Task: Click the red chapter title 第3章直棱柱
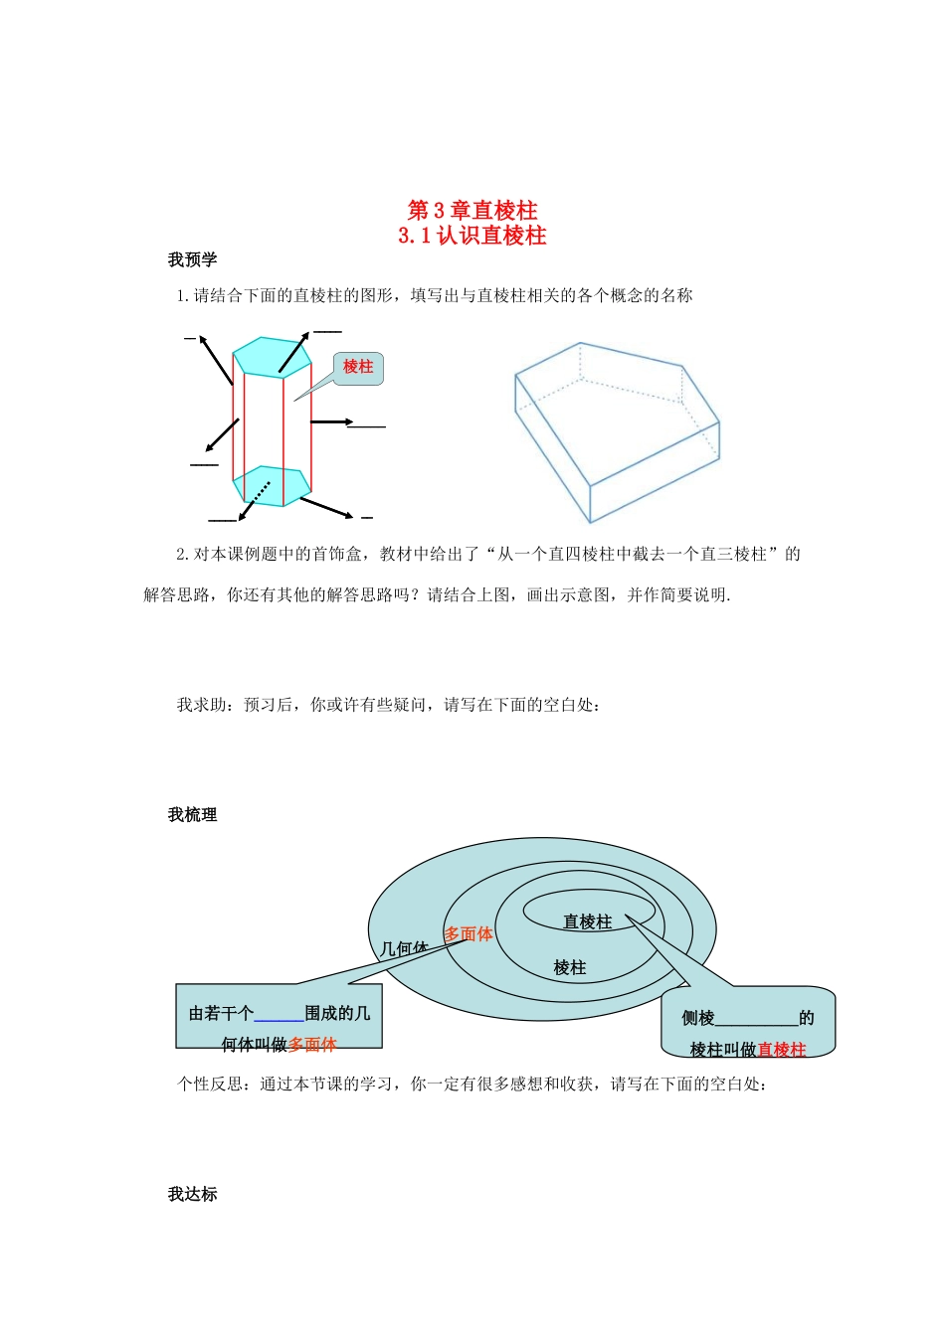[x=472, y=211]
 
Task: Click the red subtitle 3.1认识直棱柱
[x=472, y=236]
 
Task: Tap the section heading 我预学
[x=192, y=260]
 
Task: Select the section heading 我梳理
[x=192, y=815]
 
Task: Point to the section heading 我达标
[x=192, y=1195]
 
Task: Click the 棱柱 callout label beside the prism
[x=358, y=367]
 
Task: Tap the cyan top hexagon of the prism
[x=272, y=355]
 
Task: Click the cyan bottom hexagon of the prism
[x=272, y=485]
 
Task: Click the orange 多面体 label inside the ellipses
[x=469, y=934]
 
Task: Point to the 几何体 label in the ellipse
[x=404, y=949]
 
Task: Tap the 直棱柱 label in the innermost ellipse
[x=587, y=922]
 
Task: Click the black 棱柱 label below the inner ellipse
[x=570, y=968]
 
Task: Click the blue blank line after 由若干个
[x=279, y=1016]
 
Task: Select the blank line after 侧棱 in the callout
[x=756, y=1020]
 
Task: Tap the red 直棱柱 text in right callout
[x=782, y=1050]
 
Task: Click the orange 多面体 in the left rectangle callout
[x=312, y=1045]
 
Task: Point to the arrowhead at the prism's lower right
[x=348, y=516]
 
